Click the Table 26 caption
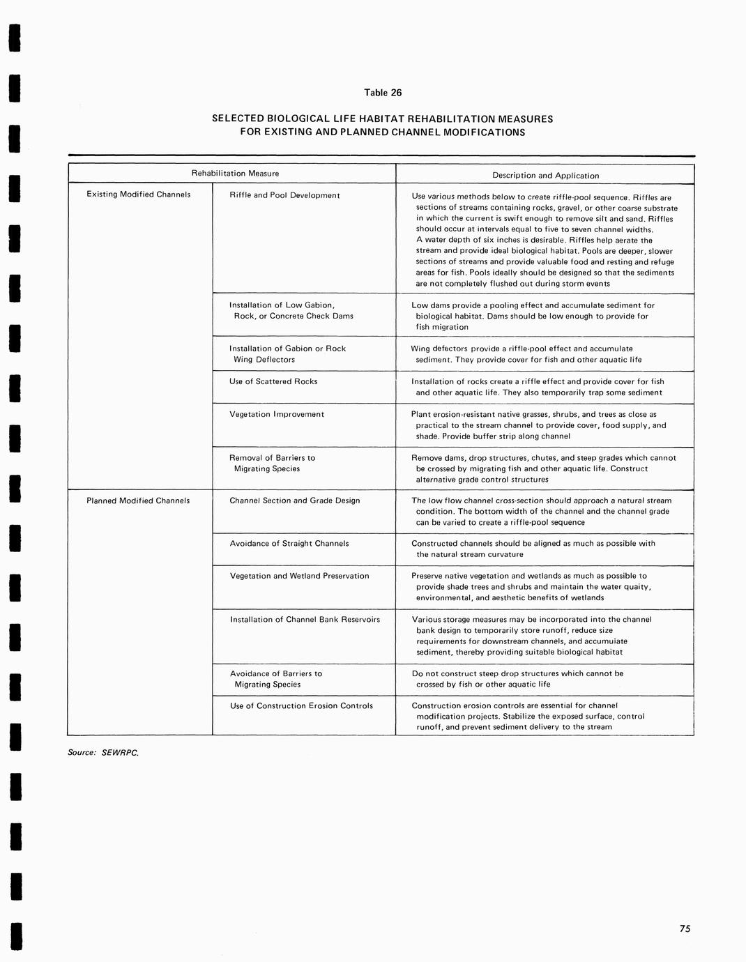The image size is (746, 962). coord(383,93)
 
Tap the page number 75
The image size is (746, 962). coord(685,929)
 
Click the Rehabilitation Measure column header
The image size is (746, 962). coord(235,174)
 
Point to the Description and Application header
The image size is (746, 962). coord(545,176)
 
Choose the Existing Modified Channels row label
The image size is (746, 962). coord(138,194)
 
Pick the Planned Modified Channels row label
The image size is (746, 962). coord(138,501)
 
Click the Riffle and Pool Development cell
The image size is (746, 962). coord(284,195)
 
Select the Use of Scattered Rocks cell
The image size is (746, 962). coord(273,381)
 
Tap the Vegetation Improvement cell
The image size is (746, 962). coord(277,414)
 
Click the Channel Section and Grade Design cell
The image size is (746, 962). coord(295,501)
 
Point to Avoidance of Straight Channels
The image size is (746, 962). coord(289,544)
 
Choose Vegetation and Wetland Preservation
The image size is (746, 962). coord(300,576)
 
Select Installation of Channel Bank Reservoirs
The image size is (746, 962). coord(305,619)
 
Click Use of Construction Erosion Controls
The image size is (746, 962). coord(301,705)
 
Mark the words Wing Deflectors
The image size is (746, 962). coord(264,360)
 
